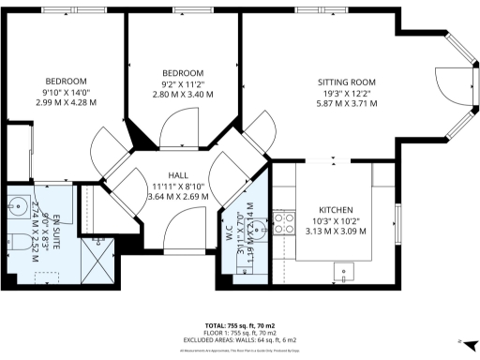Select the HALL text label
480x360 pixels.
click(x=178, y=175)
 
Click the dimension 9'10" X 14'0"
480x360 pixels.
click(x=66, y=92)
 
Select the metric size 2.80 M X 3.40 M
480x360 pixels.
click(x=182, y=95)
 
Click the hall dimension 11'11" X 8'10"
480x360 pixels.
click(x=178, y=187)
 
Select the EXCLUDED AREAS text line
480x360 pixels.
click(x=239, y=338)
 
